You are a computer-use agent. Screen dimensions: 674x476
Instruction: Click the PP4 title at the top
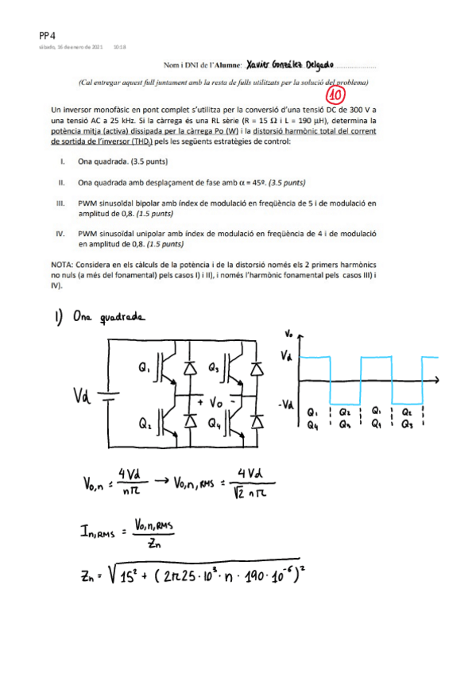coord(47,35)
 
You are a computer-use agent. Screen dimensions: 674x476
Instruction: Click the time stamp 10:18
coord(119,48)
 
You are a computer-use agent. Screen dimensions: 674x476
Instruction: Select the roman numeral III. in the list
coord(60,203)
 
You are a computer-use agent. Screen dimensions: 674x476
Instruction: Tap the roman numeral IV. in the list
coord(60,234)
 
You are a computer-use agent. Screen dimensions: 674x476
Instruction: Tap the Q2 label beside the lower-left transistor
coord(144,425)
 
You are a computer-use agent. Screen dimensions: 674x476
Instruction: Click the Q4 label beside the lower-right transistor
coord(212,425)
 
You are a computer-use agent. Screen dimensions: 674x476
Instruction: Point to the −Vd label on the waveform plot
coord(287,405)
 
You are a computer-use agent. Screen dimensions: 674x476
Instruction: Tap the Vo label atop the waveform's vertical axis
coord(288,334)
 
